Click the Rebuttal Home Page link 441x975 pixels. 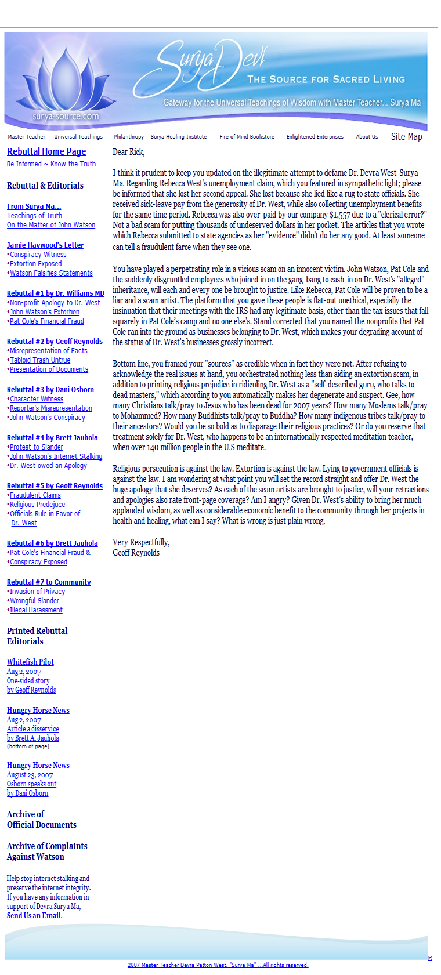coord(46,152)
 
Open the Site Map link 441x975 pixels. coord(406,137)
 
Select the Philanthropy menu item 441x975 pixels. coord(128,137)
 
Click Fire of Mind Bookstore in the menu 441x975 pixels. coord(247,137)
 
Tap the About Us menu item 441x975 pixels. coord(367,137)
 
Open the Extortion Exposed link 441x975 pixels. coord(36,264)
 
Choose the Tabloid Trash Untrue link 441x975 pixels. coord(40,360)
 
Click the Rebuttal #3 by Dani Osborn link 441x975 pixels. coord(50,390)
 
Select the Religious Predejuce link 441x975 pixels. coord(37,505)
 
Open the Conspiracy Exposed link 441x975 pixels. coord(38,562)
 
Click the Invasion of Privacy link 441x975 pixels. coord(37,592)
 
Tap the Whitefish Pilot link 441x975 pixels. coord(30,662)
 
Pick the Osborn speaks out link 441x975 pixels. coord(31,784)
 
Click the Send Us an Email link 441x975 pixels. coord(34,915)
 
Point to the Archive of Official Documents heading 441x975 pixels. coord(41,820)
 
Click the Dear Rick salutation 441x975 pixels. coord(128,152)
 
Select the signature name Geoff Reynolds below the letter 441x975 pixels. coord(136,553)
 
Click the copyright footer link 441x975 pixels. coord(218,965)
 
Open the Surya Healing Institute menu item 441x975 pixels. coord(178,137)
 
